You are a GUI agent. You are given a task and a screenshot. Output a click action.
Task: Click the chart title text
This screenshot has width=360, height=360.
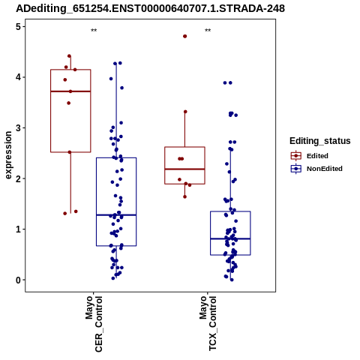click(x=150, y=8)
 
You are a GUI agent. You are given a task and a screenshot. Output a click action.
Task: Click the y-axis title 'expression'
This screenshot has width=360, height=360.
click(x=8, y=155)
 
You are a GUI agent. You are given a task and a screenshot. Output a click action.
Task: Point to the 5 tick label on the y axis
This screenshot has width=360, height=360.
click(x=19, y=26)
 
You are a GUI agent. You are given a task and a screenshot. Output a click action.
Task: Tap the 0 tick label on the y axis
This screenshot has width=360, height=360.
click(x=19, y=280)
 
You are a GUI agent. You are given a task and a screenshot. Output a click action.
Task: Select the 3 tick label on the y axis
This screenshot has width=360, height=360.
click(x=19, y=128)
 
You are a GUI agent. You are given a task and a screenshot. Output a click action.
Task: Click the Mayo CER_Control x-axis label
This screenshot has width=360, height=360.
click(x=94, y=324)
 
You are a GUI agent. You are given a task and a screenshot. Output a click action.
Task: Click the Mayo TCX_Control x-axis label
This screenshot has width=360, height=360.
click(x=208, y=323)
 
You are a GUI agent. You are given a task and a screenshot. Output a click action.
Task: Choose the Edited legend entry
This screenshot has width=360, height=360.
click(x=317, y=156)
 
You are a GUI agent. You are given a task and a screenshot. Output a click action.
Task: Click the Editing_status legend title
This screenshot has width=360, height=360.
click(x=320, y=141)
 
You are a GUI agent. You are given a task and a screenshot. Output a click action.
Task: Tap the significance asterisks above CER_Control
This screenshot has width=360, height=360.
click(x=94, y=31)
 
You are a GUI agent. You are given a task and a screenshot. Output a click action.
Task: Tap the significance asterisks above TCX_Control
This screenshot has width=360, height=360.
click(x=208, y=31)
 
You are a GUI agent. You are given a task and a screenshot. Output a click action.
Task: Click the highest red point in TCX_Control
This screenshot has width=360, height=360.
click(x=185, y=36)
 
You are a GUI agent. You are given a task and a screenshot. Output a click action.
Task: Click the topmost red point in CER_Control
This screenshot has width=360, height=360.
click(x=69, y=56)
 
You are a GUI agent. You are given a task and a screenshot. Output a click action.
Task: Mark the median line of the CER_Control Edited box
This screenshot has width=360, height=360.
click(x=70, y=91)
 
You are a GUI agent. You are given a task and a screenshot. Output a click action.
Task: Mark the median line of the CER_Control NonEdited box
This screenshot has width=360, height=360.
click(x=116, y=215)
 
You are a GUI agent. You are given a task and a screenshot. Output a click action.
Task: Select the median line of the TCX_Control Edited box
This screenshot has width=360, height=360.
click(x=184, y=169)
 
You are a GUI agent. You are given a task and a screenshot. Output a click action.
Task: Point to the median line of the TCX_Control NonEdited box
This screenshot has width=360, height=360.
click(x=230, y=238)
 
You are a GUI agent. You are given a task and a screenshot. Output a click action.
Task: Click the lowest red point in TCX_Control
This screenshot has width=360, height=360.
click(x=184, y=196)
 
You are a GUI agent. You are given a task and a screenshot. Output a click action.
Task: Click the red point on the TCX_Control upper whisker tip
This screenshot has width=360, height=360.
click(x=185, y=112)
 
